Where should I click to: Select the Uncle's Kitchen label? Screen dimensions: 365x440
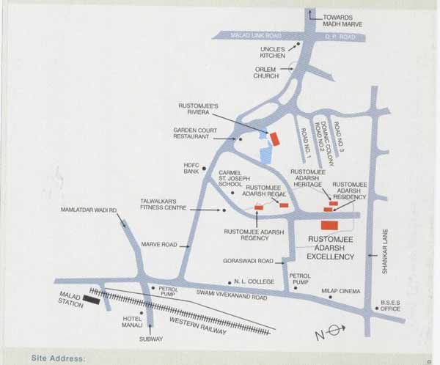pos(273,53)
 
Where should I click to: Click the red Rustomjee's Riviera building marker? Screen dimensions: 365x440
pos(275,139)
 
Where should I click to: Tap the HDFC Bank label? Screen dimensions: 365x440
pos(191,167)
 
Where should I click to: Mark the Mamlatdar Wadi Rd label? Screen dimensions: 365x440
pos(89,211)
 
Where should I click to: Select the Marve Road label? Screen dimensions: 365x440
pos(156,245)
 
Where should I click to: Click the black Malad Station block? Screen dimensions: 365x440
pos(92,298)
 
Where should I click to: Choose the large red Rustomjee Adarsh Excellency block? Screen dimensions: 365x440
pos(330,225)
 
